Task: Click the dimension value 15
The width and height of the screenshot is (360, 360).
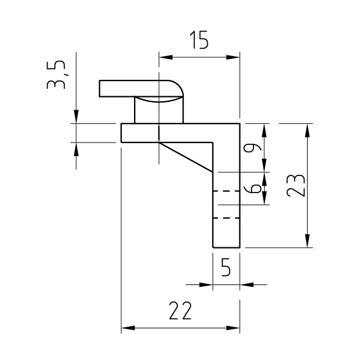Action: click(x=199, y=40)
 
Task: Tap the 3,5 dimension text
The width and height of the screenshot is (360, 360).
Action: click(x=56, y=75)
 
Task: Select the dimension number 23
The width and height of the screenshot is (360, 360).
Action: click(x=295, y=186)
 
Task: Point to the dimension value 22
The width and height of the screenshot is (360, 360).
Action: click(x=180, y=311)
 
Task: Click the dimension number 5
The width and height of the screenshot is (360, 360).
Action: click(x=226, y=267)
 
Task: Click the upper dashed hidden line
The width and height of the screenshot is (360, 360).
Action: click(x=227, y=191)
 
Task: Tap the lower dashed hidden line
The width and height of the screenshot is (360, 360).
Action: click(x=227, y=218)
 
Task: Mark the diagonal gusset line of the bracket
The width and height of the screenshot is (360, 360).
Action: click(x=186, y=157)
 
